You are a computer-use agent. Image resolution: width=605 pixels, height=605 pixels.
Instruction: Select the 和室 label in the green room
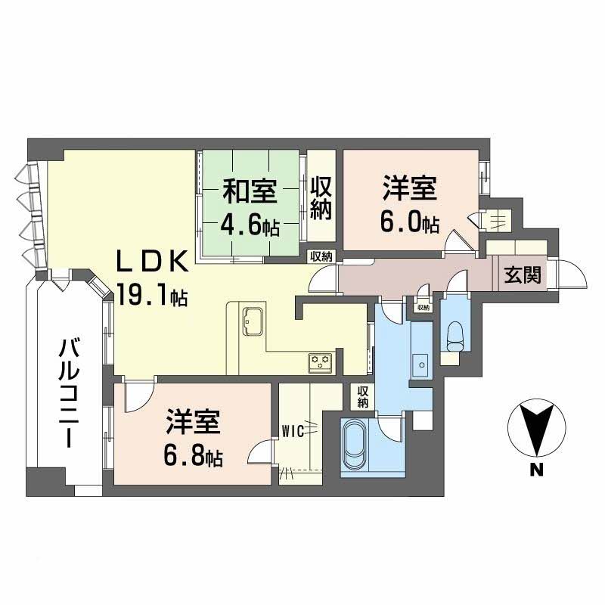click(248, 191)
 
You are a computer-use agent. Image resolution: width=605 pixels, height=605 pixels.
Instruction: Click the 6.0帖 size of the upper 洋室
click(409, 225)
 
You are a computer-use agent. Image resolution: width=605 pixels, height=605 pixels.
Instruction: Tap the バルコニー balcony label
click(73, 394)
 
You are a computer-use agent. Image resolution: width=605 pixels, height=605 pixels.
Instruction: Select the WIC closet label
click(293, 432)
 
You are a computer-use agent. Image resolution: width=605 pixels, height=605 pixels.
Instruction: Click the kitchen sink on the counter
click(251, 321)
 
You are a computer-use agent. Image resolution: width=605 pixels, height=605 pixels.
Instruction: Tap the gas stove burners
click(320, 361)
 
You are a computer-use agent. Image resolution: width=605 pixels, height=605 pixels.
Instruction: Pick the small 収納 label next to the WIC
click(363, 396)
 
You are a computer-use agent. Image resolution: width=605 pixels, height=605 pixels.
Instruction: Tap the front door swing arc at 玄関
click(572, 274)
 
